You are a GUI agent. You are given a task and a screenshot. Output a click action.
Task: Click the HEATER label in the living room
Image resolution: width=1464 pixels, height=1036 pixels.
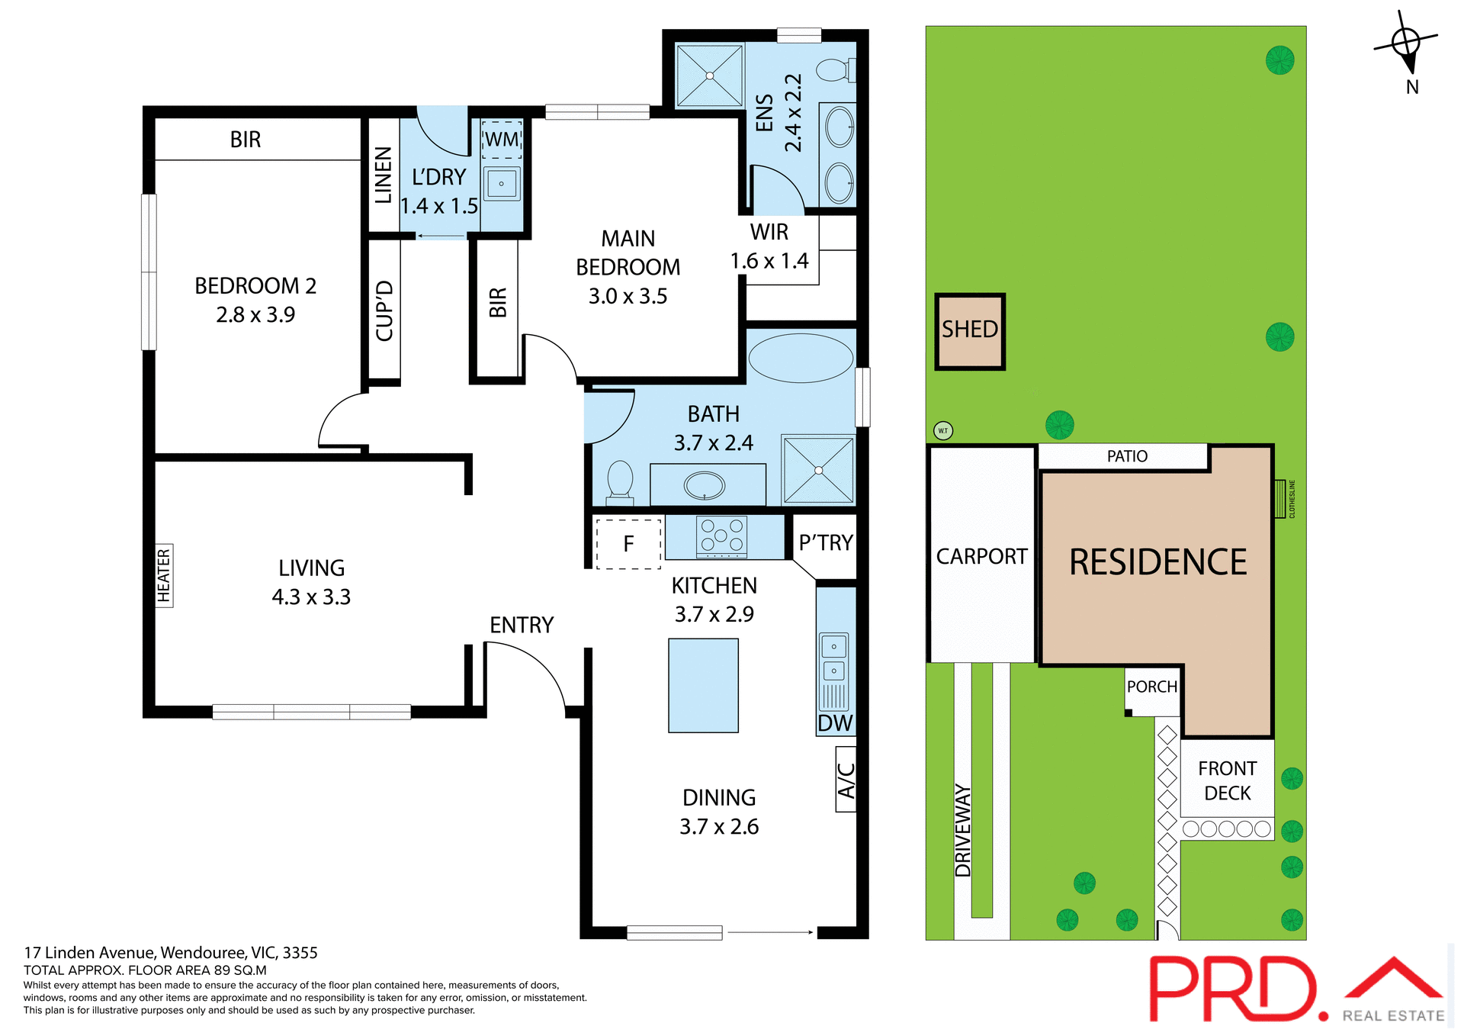pos(164,576)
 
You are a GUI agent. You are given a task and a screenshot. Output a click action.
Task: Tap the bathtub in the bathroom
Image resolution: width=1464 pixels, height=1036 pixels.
pos(801,358)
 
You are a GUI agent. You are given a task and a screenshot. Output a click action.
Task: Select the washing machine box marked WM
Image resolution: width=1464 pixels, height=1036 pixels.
pos(502,140)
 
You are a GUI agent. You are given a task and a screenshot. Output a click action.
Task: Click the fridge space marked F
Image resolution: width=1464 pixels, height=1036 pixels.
pos(628,544)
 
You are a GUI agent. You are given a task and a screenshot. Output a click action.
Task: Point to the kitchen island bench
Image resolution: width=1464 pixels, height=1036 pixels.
pos(703,685)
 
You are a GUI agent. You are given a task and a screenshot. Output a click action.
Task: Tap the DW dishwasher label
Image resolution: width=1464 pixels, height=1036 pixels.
pos(835,723)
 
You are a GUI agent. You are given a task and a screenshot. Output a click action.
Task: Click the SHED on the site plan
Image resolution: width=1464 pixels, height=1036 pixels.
pos(970,331)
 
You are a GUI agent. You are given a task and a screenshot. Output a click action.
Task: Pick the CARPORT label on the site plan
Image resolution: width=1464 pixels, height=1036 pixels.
pos(981,556)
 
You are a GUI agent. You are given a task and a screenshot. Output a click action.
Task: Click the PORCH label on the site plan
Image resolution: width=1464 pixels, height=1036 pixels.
pos(1151,687)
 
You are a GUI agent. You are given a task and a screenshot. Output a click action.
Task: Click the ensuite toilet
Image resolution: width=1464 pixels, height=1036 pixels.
pos(834,71)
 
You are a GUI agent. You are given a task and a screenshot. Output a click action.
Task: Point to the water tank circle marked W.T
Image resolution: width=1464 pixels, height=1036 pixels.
pos(943,431)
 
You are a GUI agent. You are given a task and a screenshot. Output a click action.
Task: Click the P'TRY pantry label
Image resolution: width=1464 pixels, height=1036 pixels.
pos(826,542)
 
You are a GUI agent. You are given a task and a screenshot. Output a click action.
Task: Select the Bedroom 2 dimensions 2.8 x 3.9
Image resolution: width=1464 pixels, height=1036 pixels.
pos(255,314)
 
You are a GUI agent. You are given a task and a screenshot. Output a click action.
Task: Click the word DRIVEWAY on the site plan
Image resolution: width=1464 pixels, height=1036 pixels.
pos(963,830)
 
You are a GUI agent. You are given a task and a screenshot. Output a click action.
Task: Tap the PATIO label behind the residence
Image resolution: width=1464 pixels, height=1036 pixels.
pos(1127,456)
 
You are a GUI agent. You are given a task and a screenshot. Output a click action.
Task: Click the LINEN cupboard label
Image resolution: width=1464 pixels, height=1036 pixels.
pos(384,175)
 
